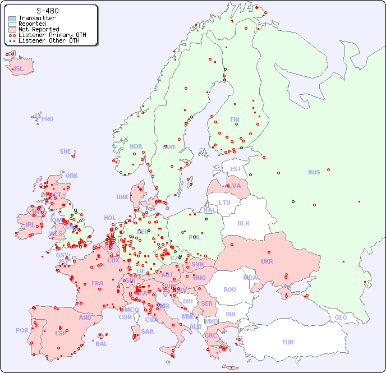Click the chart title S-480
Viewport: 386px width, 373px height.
pos(47,11)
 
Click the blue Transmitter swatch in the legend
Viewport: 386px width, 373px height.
pos(12,19)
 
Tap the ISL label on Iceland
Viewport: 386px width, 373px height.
pos(19,69)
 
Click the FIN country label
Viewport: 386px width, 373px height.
pos(235,119)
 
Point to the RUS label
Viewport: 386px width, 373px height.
pos(314,172)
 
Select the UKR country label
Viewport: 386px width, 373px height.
pos(266,261)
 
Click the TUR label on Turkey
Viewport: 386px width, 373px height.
pos(288,342)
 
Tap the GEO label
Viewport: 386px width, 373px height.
pos(341,317)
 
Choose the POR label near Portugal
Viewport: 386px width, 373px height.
pos(22,330)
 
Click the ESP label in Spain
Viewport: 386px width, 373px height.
pos(61,333)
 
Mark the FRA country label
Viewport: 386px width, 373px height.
pos(98,283)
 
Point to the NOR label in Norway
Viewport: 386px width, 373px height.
pos(136,146)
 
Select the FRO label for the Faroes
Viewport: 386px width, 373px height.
pos(48,119)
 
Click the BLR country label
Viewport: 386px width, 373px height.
pos(243,223)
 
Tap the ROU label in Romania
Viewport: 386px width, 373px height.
pos(229,289)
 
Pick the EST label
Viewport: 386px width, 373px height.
pos(236,169)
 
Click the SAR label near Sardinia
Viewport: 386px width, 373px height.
pos(147,331)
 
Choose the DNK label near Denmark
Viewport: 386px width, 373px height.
pos(122,197)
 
